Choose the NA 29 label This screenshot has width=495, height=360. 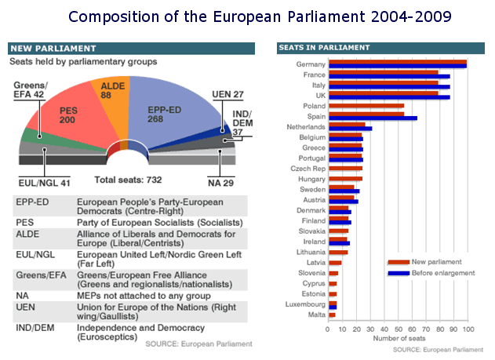pyautogui.click(x=224, y=182)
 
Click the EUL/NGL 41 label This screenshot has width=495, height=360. pyautogui.click(x=44, y=183)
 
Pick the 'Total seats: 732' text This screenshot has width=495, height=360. pyautogui.click(x=127, y=179)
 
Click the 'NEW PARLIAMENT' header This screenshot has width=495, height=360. pyautogui.click(x=42, y=48)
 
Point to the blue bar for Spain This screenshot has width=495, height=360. pyautogui.click(x=373, y=118)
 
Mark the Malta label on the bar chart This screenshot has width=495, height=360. pyautogui.click(x=316, y=315)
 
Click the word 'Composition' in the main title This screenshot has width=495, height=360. pyautogui.click(x=107, y=16)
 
